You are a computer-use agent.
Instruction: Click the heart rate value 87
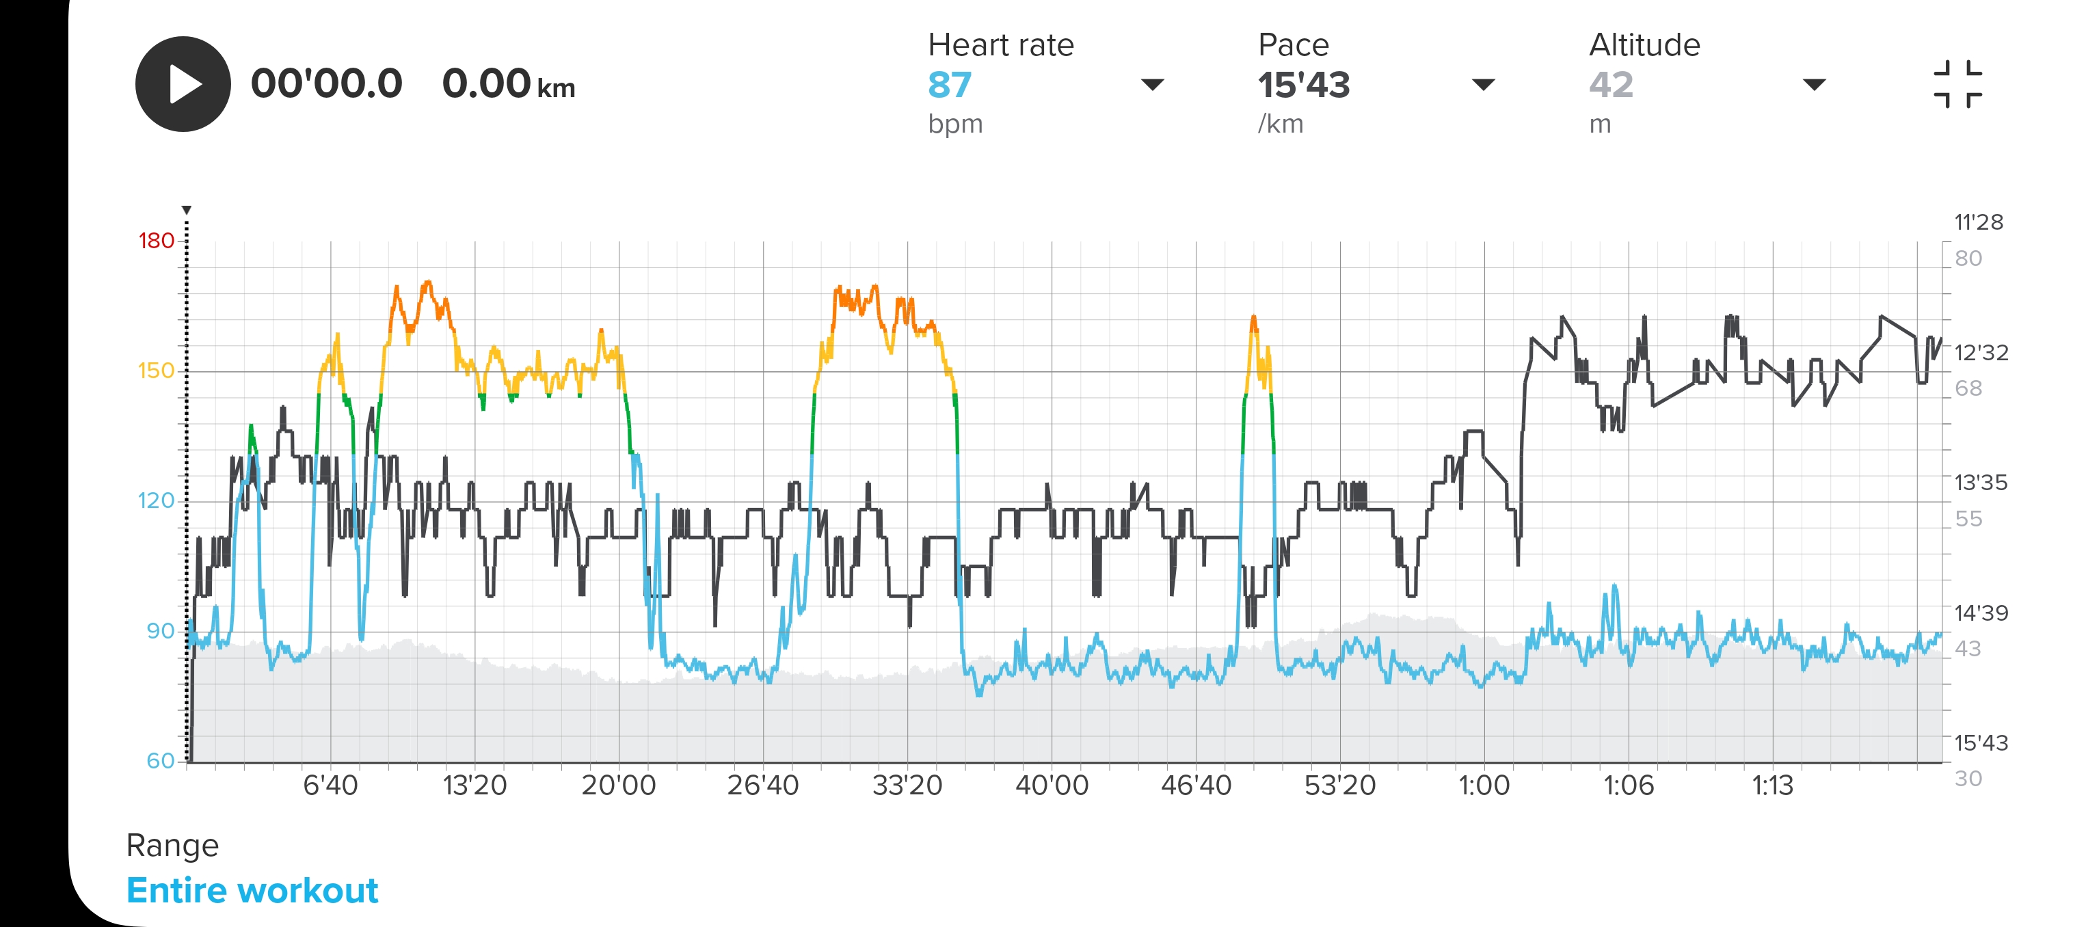[x=950, y=85]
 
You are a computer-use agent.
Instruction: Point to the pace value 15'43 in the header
[x=1304, y=85]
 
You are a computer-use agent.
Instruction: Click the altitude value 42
[x=1610, y=85]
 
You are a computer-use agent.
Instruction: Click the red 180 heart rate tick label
[x=156, y=241]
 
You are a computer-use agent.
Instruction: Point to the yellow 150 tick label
[x=156, y=371]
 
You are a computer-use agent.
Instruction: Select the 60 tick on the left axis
[x=160, y=760]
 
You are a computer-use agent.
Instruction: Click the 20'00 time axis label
[x=618, y=785]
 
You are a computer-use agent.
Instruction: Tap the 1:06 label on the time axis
[x=1628, y=785]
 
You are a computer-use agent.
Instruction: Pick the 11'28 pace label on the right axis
[x=1978, y=222]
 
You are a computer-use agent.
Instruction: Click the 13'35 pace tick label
[x=1981, y=483]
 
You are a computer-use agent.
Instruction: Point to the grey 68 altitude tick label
[x=1968, y=389]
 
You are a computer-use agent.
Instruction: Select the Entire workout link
[x=252, y=891]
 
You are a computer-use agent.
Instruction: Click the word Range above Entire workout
[x=172, y=845]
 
